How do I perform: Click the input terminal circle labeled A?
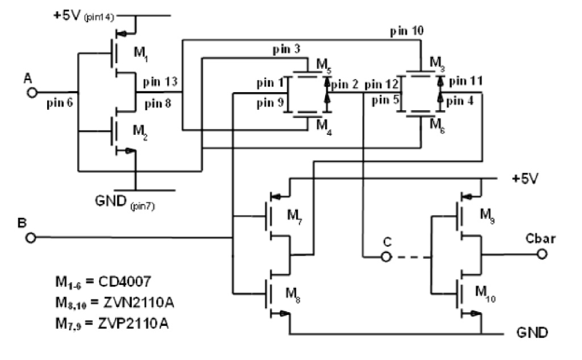pyautogui.click(x=33, y=92)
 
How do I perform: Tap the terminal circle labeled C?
pyautogui.click(x=386, y=257)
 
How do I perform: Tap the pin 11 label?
pyautogui.click(x=465, y=82)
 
